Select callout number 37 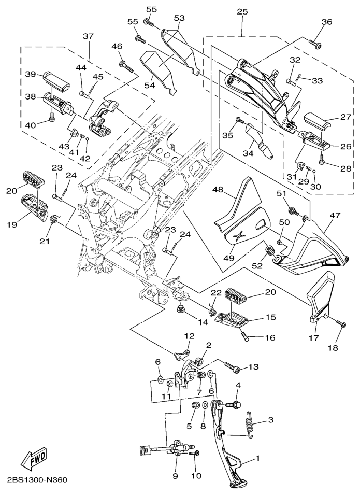[x=89, y=36]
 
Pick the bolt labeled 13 [x=231, y=367]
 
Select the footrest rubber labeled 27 [x=322, y=121]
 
